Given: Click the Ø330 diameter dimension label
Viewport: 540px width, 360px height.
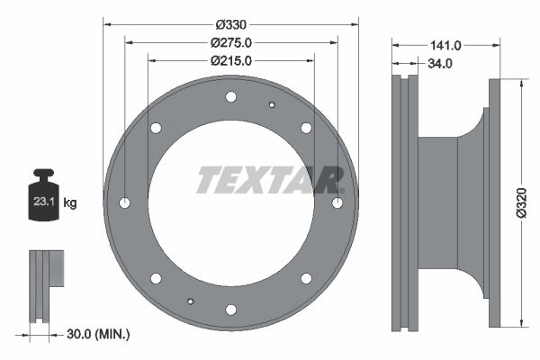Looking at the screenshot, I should point(230,23).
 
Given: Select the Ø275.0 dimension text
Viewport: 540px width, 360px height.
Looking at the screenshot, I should point(230,42).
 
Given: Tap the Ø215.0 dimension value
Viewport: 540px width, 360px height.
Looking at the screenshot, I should point(230,61).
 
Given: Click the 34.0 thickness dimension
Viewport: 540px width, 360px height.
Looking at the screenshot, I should point(440,64).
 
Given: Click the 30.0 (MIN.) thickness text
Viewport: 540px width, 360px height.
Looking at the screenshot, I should point(98,334).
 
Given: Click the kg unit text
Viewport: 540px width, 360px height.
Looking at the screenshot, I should point(70,203).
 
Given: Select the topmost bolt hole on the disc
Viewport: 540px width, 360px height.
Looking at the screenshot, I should point(231,97).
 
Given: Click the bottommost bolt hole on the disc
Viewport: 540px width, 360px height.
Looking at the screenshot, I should point(231,310).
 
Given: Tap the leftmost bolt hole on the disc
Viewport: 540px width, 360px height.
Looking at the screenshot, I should point(125,203).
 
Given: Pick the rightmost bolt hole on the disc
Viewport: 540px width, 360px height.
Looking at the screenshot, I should point(337,203).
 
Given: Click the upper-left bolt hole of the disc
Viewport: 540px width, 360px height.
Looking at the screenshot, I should point(157,129).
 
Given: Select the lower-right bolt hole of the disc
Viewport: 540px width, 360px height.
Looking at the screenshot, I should point(306,278).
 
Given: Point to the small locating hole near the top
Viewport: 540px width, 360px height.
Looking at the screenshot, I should point(272,104).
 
